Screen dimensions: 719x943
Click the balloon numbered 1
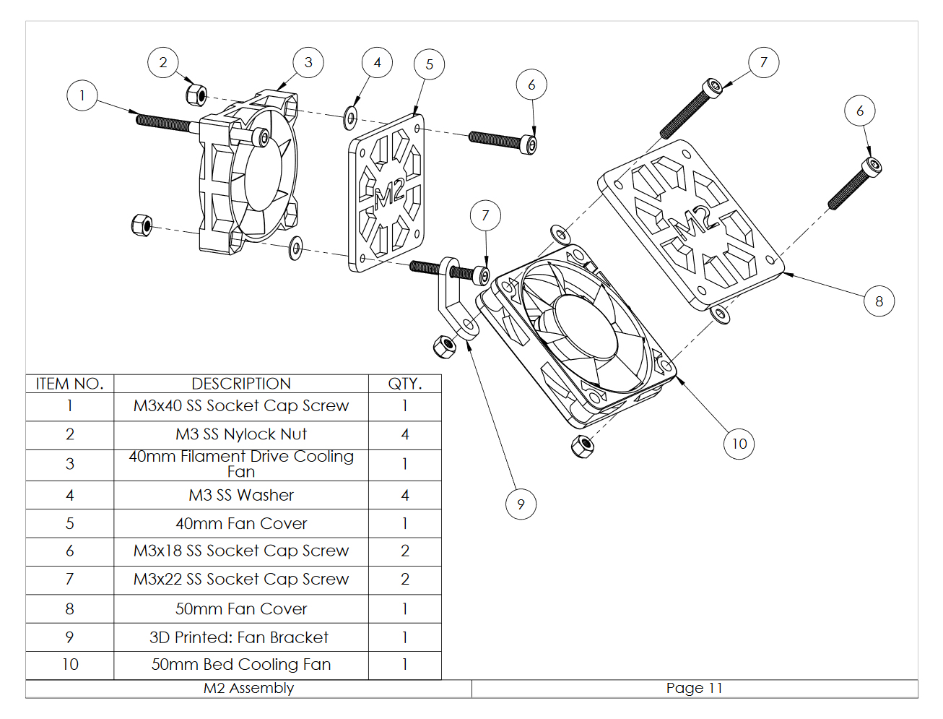point(82,95)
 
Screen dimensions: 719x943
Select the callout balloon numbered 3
point(308,62)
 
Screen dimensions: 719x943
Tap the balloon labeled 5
point(429,64)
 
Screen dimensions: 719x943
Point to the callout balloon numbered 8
point(879,301)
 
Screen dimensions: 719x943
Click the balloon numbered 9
point(521,504)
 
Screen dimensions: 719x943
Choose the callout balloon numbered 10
point(739,443)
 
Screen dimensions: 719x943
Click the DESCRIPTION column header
point(241,384)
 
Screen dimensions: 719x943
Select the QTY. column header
point(404,384)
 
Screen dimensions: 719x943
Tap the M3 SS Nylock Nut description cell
point(241,434)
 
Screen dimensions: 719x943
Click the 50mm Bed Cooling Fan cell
point(241,665)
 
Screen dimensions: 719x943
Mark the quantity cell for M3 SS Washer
point(404,495)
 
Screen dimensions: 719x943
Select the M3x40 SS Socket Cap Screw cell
point(241,406)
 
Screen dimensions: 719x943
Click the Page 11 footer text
point(694,688)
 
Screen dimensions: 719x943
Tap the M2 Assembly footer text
point(248,688)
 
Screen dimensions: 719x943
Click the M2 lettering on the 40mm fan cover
point(389,194)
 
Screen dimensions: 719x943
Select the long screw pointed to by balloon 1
point(165,121)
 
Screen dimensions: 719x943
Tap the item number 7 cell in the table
point(69,580)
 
